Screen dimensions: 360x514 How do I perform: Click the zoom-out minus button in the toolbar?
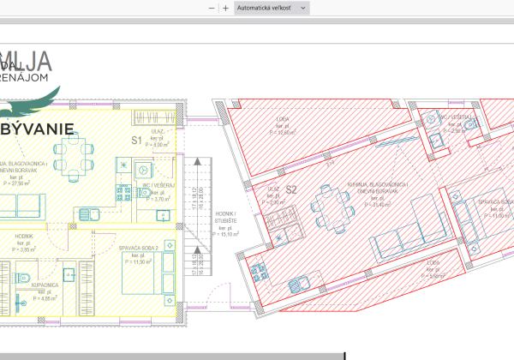click(x=212, y=8)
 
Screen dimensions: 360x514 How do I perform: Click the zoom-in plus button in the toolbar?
click(x=225, y=8)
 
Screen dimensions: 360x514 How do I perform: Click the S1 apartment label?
click(x=136, y=140)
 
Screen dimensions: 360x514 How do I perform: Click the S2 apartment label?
click(x=291, y=189)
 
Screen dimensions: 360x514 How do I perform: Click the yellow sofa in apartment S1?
click(x=23, y=205)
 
